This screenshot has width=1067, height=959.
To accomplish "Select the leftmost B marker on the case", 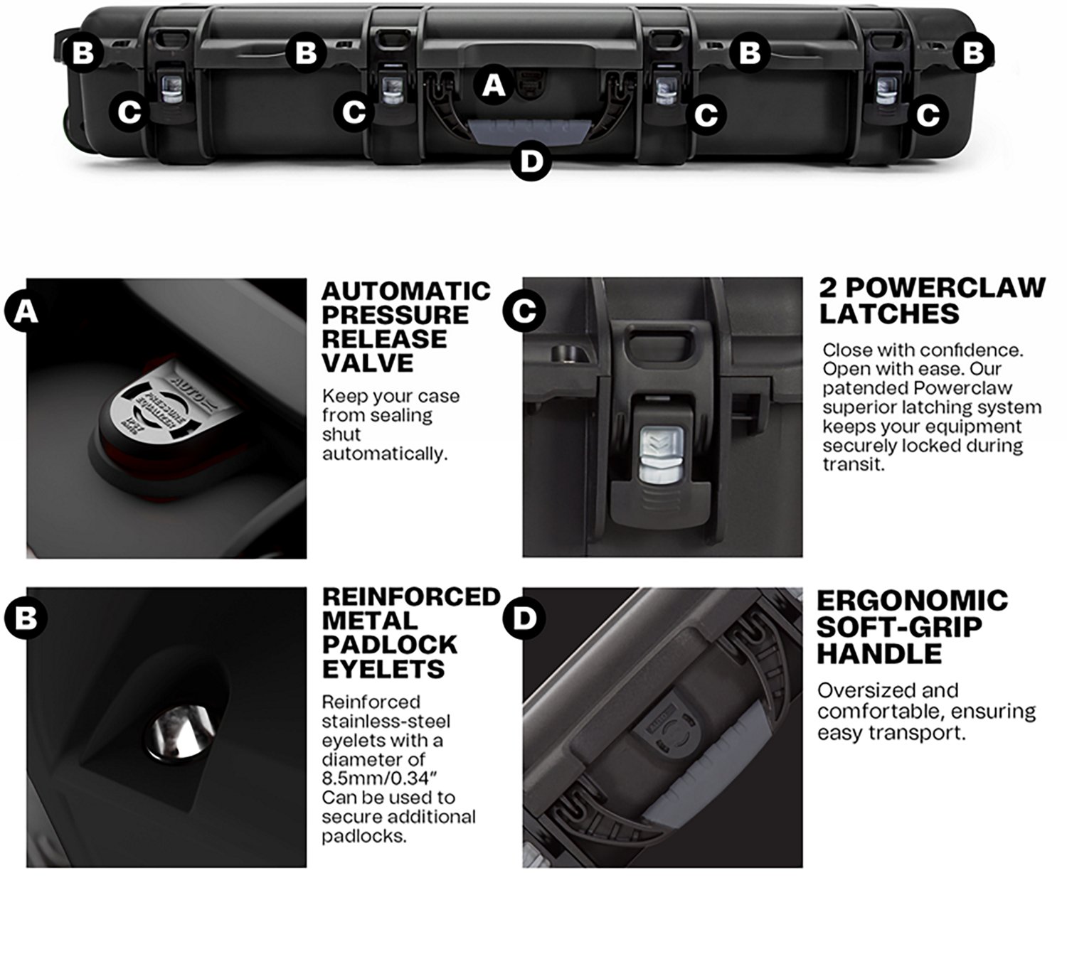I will pyautogui.click(x=83, y=53).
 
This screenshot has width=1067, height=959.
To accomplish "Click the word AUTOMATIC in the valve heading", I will pyautogui.click(x=405, y=291).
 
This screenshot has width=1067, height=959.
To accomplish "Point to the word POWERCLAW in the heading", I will pyautogui.click(x=945, y=287).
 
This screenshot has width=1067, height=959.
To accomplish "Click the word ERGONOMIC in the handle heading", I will pyautogui.click(x=912, y=600).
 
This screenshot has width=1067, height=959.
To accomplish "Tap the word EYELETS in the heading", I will pyautogui.click(x=383, y=669).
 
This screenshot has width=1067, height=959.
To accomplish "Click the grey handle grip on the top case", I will pyautogui.click(x=529, y=132).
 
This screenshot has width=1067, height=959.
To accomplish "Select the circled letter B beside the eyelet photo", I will pyautogui.click(x=26, y=617).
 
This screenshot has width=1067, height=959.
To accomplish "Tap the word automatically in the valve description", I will pyautogui.click(x=384, y=454).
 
